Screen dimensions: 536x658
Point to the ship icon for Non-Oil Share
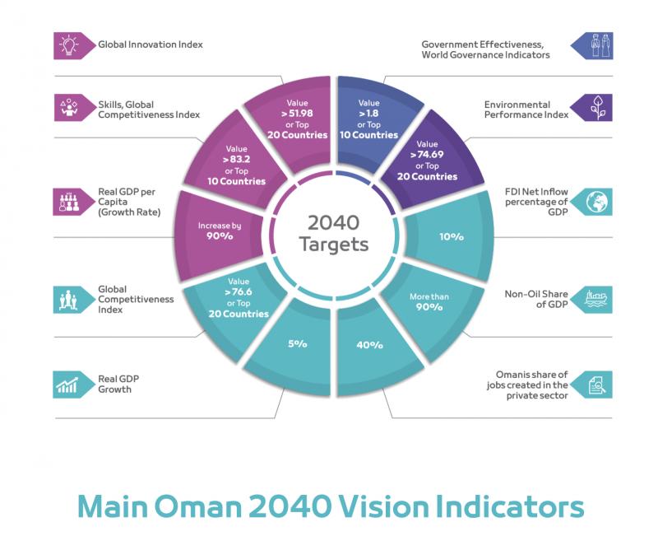coord(594,300)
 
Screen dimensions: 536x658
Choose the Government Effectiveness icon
coord(594,44)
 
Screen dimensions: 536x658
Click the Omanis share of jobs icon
coord(594,384)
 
